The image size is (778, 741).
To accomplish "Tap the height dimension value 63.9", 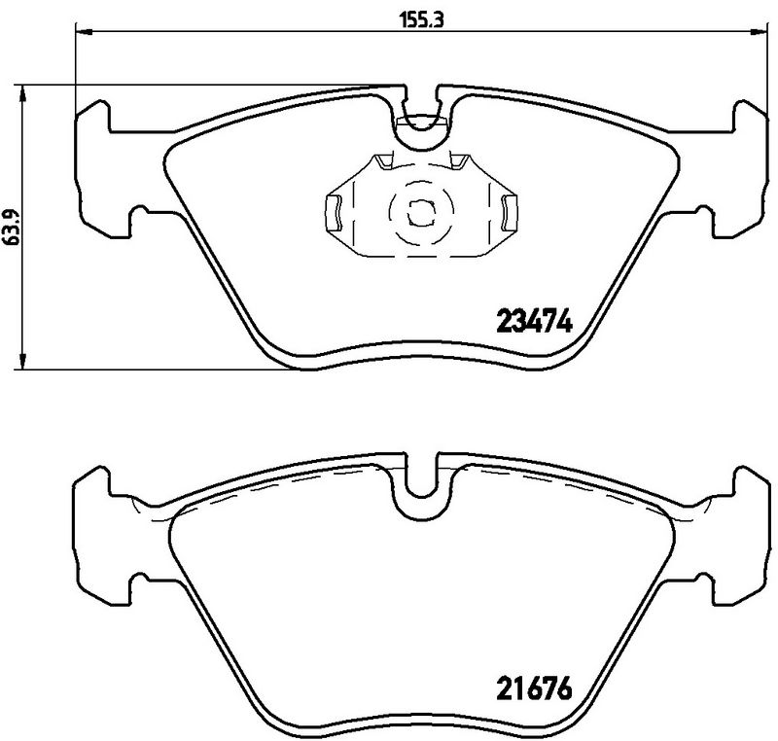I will point(13,227).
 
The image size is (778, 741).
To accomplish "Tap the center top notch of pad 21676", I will point(419,482).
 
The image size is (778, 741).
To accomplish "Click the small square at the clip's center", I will point(419,208).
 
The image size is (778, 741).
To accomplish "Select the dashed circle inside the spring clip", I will point(419,208).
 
